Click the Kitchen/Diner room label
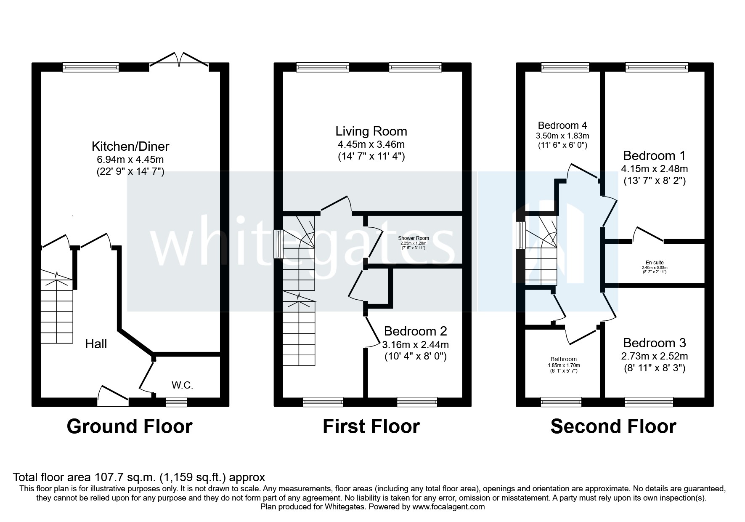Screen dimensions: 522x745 click(130, 146)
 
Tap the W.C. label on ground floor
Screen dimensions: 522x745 click(182, 385)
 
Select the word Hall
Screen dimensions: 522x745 click(96, 344)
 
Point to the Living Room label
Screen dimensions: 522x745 click(371, 131)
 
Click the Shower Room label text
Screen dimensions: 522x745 click(414, 238)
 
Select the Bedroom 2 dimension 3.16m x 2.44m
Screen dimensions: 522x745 click(415, 345)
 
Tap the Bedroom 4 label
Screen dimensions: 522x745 click(562, 125)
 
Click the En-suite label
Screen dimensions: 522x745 click(654, 263)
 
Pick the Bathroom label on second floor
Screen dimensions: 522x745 click(562, 360)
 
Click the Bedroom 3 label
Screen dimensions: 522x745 click(654, 343)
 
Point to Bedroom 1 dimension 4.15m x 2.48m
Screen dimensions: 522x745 click(654, 169)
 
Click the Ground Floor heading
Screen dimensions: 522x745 click(130, 426)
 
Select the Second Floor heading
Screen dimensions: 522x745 click(613, 426)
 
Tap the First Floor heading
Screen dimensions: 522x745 click(371, 426)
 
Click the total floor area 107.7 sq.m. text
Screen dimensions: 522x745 click(139, 477)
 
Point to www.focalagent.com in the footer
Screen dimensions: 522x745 click(448, 507)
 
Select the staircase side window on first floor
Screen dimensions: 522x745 click(278, 244)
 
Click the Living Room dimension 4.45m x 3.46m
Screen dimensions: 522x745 click(371, 145)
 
